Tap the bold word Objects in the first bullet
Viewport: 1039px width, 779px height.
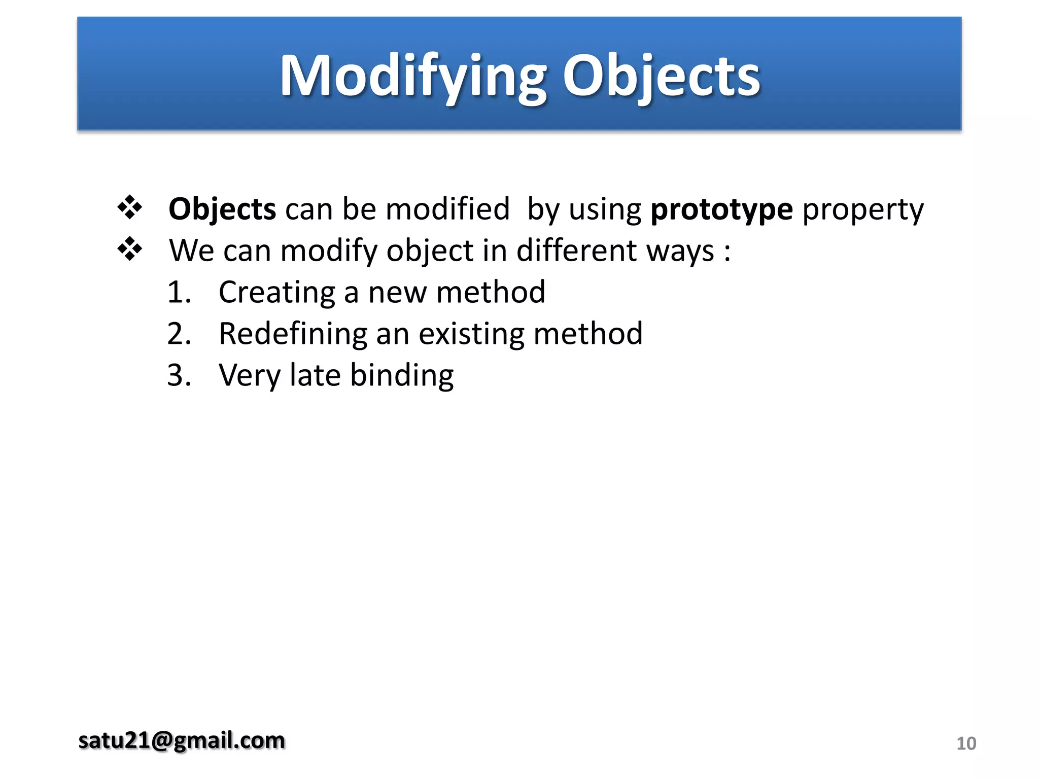click(222, 209)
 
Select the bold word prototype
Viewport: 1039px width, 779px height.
click(721, 209)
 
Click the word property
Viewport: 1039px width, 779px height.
click(863, 209)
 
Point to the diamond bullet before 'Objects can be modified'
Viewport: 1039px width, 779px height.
click(130, 207)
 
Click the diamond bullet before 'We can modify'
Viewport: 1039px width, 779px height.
click(130, 249)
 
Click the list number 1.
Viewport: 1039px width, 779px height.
click(179, 293)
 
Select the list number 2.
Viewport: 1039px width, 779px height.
click(179, 334)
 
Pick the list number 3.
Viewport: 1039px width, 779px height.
click(179, 376)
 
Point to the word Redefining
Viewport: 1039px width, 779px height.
click(293, 334)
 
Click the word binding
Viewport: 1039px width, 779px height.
click(402, 376)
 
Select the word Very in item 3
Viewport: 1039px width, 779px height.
click(250, 376)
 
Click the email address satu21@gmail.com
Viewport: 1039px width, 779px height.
click(182, 740)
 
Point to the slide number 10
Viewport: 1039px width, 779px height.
click(966, 743)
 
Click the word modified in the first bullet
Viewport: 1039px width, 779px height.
click(447, 209)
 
